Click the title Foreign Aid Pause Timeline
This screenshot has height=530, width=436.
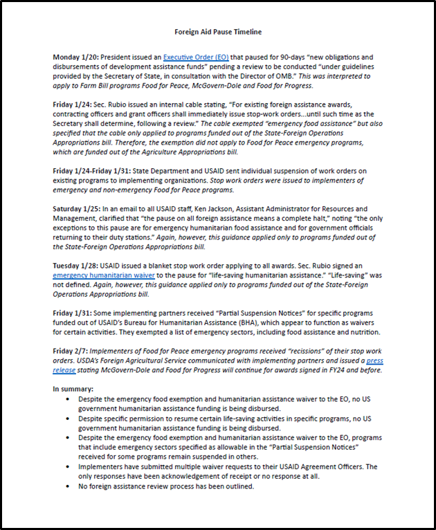tap(217, 32)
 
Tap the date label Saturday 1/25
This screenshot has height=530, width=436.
tap(78, 208)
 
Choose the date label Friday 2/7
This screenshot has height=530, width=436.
tap(71, 351)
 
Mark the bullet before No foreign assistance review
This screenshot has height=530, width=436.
tap(66, 486)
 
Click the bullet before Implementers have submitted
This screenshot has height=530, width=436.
tap(66, 467)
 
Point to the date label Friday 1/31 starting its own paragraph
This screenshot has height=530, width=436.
tap(73, 312)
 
